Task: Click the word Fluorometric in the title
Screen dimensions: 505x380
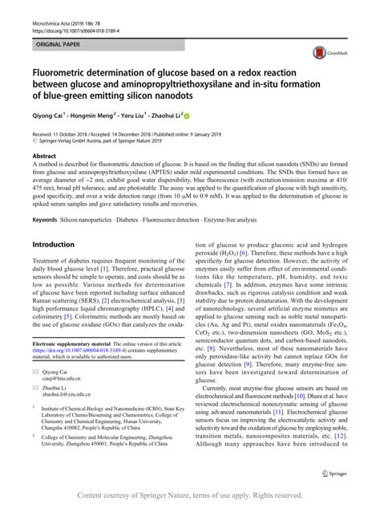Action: coord(65,71)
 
